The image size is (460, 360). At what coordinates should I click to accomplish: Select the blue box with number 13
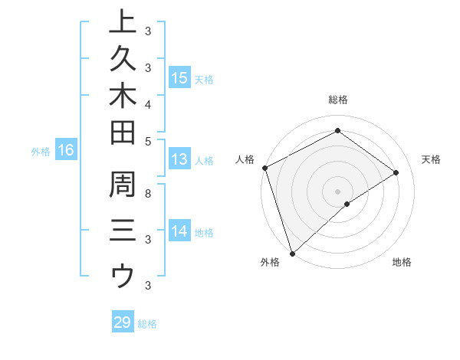pyautogui.click(x=179, y=159)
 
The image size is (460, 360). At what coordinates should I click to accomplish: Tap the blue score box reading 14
pyautogui.click(x=179, y=231)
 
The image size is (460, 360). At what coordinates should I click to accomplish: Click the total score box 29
pyautogui.click(x=123, y=322)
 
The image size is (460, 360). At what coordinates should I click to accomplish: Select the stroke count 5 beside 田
pyautogui.click(x=148, y=141)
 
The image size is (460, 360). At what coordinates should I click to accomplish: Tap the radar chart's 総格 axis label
pyautogui.click(x=337, y=100)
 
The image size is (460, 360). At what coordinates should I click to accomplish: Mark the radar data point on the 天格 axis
pyautogui.click(x=396, y=172)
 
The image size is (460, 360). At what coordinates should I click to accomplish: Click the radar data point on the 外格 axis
pyautogui.click(x=292, y=253)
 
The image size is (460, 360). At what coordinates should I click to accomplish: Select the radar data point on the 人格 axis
pyautogui.click(x=264, y=168)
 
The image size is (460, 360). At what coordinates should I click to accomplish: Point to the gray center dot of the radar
pyautogui.click(x=337, y=191)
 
